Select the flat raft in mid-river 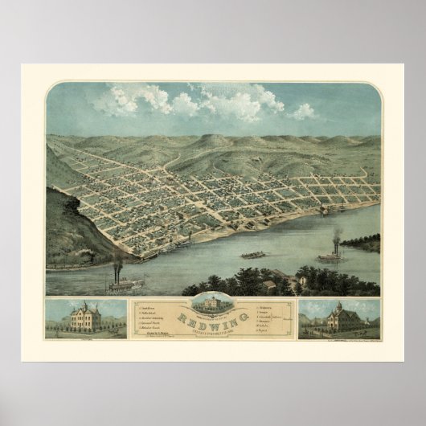[253, 255]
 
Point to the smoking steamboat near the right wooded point [329, 257]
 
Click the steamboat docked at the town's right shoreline [324, 211]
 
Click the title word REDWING [212, 317]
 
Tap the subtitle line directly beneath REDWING [212, 326]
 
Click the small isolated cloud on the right [303, 112]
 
